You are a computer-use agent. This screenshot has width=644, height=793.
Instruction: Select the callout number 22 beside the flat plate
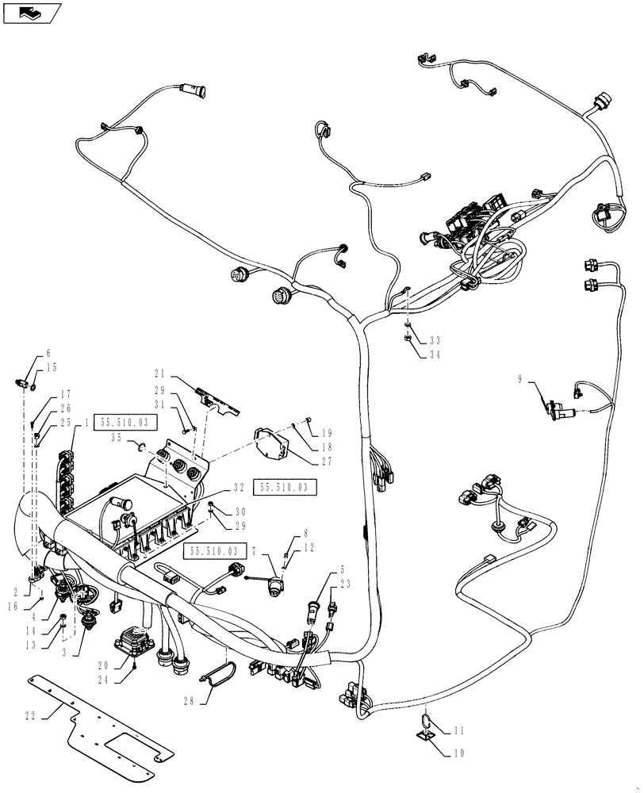[30, 716]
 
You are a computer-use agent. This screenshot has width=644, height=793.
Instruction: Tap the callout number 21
[159, 373]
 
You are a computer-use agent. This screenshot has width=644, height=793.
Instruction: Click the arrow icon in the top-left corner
[33, 13]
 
